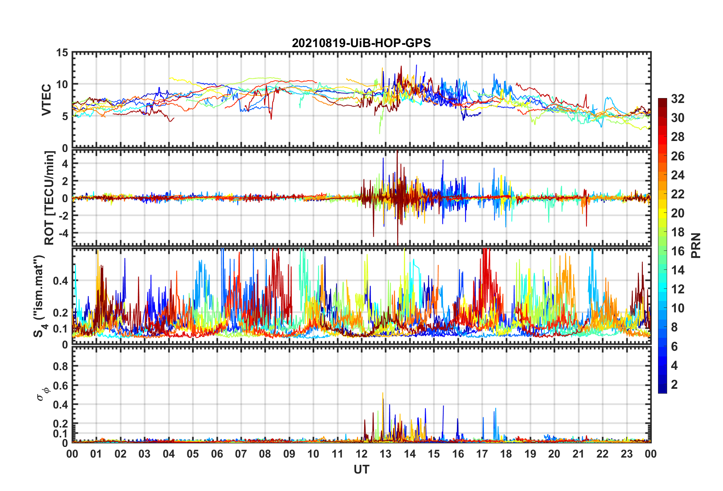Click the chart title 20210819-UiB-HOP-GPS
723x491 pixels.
click(361, 43)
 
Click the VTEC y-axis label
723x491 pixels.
click(46, 100)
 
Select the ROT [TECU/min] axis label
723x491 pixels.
click(49, 198)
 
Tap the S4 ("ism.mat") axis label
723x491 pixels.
click(39, 296)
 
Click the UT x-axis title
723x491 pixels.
click(361, 470)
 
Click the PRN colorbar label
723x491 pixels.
click(696, 245)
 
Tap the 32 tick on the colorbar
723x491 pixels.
click(677, 99)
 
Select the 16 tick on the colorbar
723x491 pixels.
click(677, 251)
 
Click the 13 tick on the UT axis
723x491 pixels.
click(385, 454)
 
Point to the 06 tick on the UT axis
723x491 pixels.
click(217, 454)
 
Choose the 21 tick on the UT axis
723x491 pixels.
click(578, 454)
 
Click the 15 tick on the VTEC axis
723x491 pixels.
click(62, 53)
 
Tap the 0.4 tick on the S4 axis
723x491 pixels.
click(60, 281)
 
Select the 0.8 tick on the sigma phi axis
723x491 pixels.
click(60, 366)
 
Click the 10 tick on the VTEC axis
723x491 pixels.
click(62, 84)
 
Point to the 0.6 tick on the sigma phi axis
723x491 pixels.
click(60, 386)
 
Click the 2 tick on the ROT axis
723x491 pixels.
click(65, 181)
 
